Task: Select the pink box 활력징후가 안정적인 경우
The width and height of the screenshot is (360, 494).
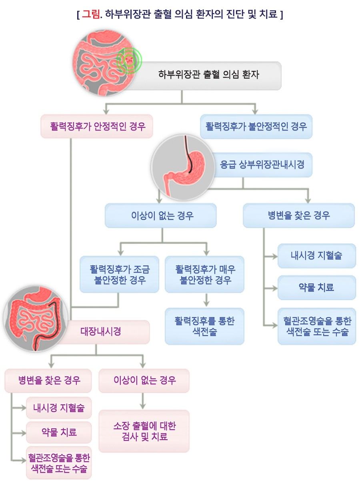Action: (x=97, y=127)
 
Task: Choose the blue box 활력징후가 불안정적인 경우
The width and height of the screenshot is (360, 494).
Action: (x=256, y=127)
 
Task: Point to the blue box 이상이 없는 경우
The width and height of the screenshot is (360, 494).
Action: (x=160, y=216)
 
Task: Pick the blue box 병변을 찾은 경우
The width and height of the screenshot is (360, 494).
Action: (x=299, y=216)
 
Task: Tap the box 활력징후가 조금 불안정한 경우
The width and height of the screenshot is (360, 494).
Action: (x=119, y=274)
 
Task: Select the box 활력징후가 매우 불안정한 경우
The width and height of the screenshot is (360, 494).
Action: (x=204, y=274)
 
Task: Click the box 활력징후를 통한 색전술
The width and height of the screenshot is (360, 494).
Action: (x=204, y=326)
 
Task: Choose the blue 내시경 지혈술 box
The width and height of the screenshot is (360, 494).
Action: (x=316, y=256)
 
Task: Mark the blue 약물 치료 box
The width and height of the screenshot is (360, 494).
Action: (x=316, y=287)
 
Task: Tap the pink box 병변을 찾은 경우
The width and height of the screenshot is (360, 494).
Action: (x=48, y=380)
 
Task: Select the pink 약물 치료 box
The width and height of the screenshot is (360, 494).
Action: (x=59, y=432)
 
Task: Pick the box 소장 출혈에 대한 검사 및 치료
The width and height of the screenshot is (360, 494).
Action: (x=144, y=431)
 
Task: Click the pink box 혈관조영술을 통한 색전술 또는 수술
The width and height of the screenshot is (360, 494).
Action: (x=59, y=463)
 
